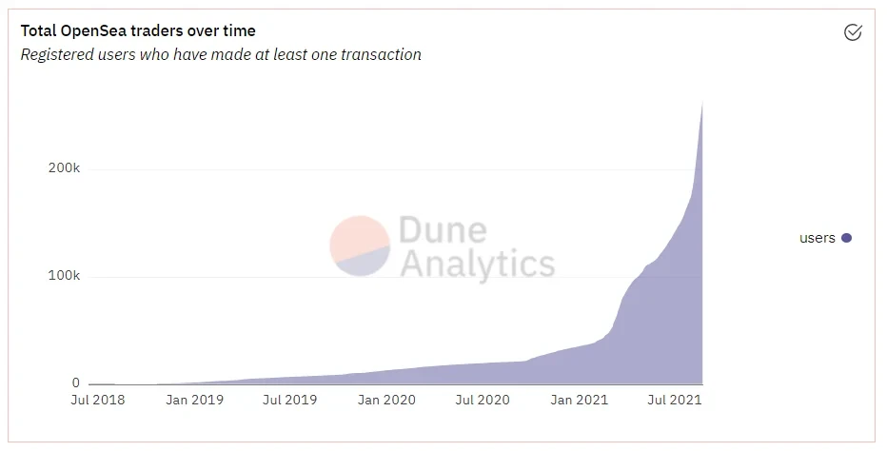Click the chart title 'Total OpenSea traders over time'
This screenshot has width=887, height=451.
pyautogui.click(x=138, y=31)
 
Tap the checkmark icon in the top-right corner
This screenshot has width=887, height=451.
pyautogui.click(x=853, y=33)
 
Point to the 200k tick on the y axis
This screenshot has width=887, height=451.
pyautogui.click(x=64, y=168)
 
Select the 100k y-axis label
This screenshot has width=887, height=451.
pyautogui.click(x=64, y=276)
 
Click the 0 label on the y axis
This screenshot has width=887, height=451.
pyautogui.click(x=75, y=382)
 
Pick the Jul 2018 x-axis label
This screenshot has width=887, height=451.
pyautogui.click(x=97, y=401)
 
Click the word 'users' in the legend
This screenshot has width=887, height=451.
pyautogui.click(x=817, y=238)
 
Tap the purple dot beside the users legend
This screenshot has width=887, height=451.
pyautogui.click(x=846, y=238)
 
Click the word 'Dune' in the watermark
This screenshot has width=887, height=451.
pyautogui.click(x=443, y=230)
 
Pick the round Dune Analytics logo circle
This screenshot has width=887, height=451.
pyautogui.click(x=360, y=245)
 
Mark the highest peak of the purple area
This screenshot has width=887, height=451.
pyautogui.click(x=701, y=103)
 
